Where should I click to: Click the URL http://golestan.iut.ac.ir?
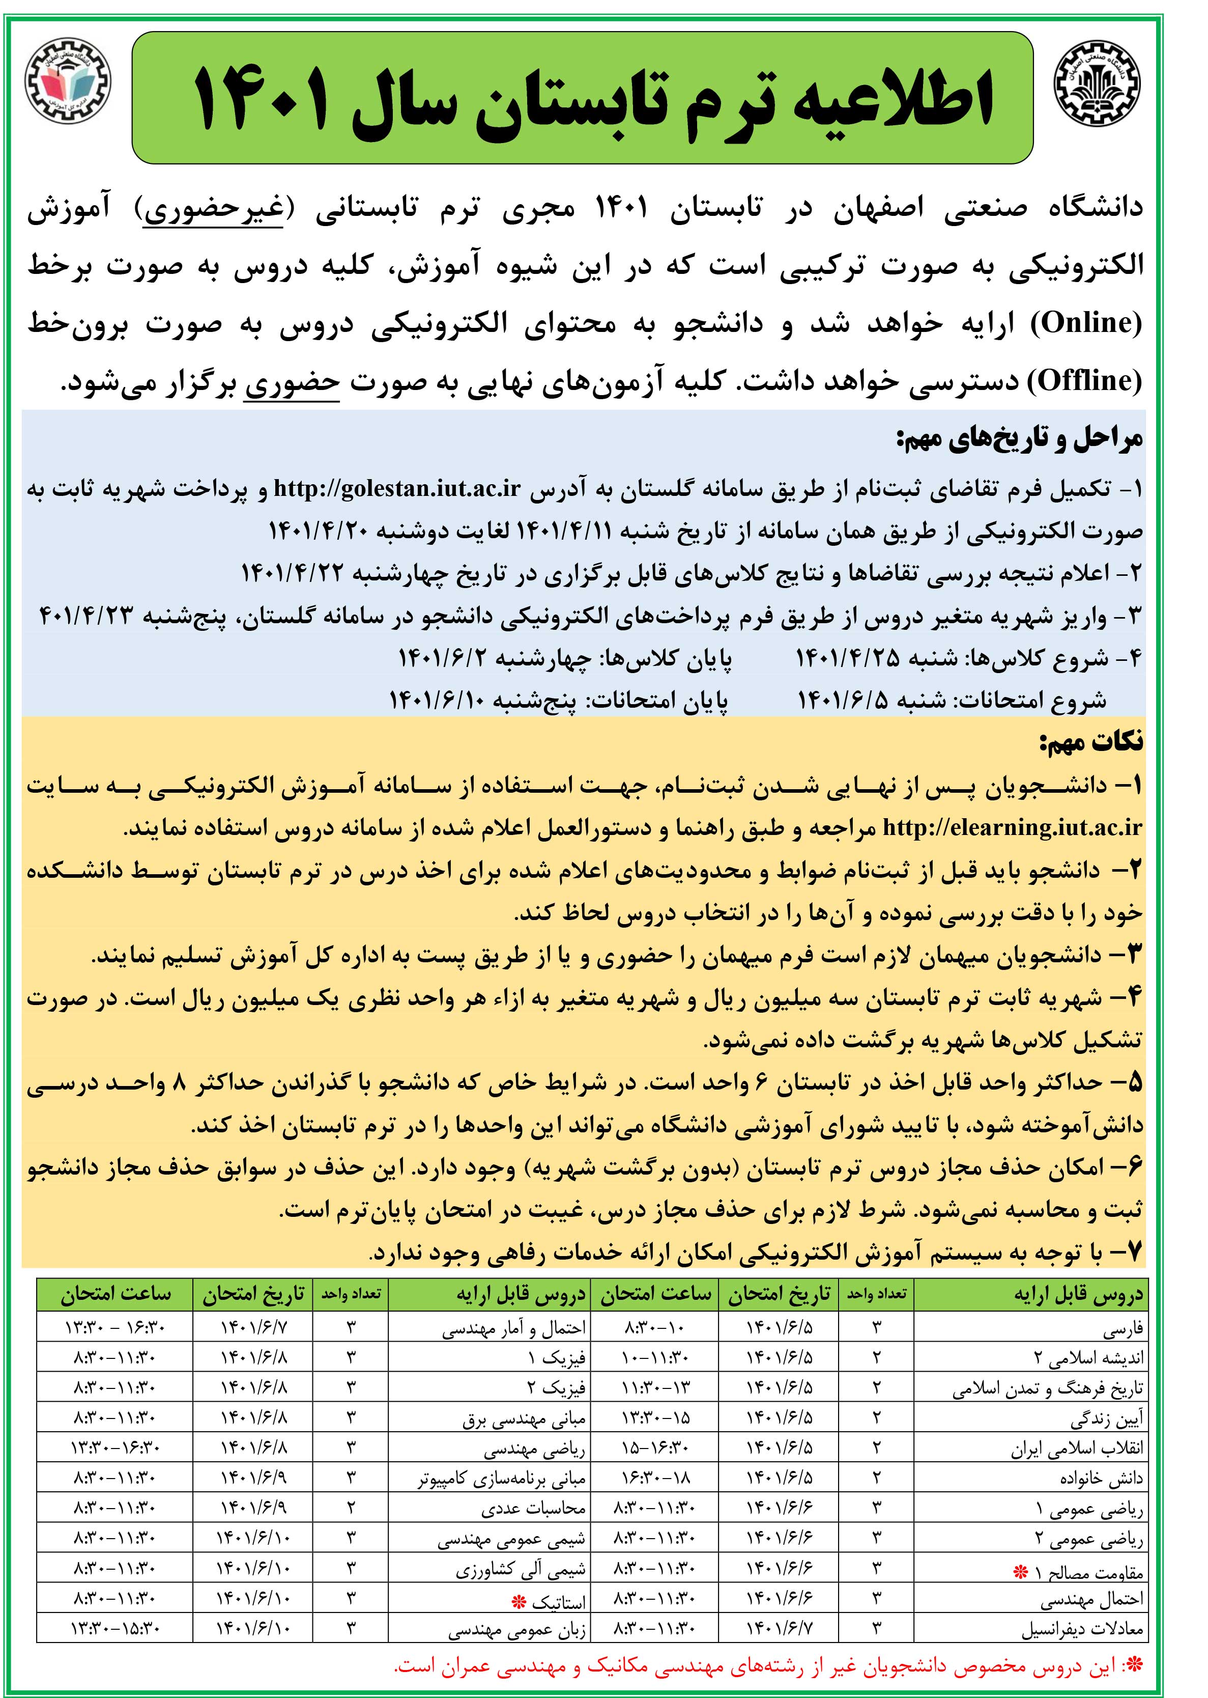click(x=396, y=488)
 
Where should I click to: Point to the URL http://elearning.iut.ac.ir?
click(x=1012, y=827)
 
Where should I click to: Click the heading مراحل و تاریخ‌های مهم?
click(x=1019, y=440)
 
